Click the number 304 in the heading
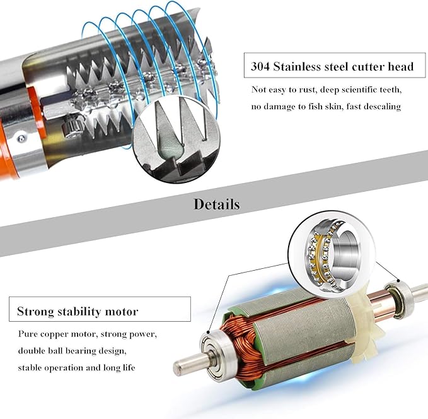pos(260,66)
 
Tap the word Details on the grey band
pos(217,204)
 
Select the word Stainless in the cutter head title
pos(297,66)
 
